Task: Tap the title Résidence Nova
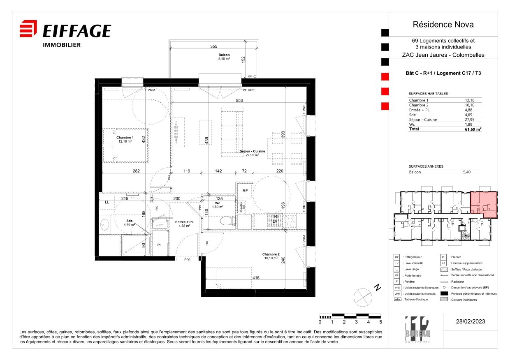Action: [x=443, y=25]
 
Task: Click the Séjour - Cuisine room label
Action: [x=252, y=152]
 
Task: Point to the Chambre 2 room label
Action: [x=271, y=254]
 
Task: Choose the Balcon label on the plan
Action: [x=224, y=55]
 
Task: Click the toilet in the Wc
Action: [x=225, y=221]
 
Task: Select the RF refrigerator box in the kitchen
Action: [x=245, y=191]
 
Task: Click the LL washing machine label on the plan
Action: [x=107, y=202]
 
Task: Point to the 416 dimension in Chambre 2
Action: [x=256, y=278]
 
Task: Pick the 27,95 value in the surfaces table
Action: [x=470, y=120]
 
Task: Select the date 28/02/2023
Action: [x=470, y=321]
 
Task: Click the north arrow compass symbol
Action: [x=362, y=296]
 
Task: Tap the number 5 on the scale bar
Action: [x=380, y=322]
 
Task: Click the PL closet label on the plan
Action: [x=160, y=245]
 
